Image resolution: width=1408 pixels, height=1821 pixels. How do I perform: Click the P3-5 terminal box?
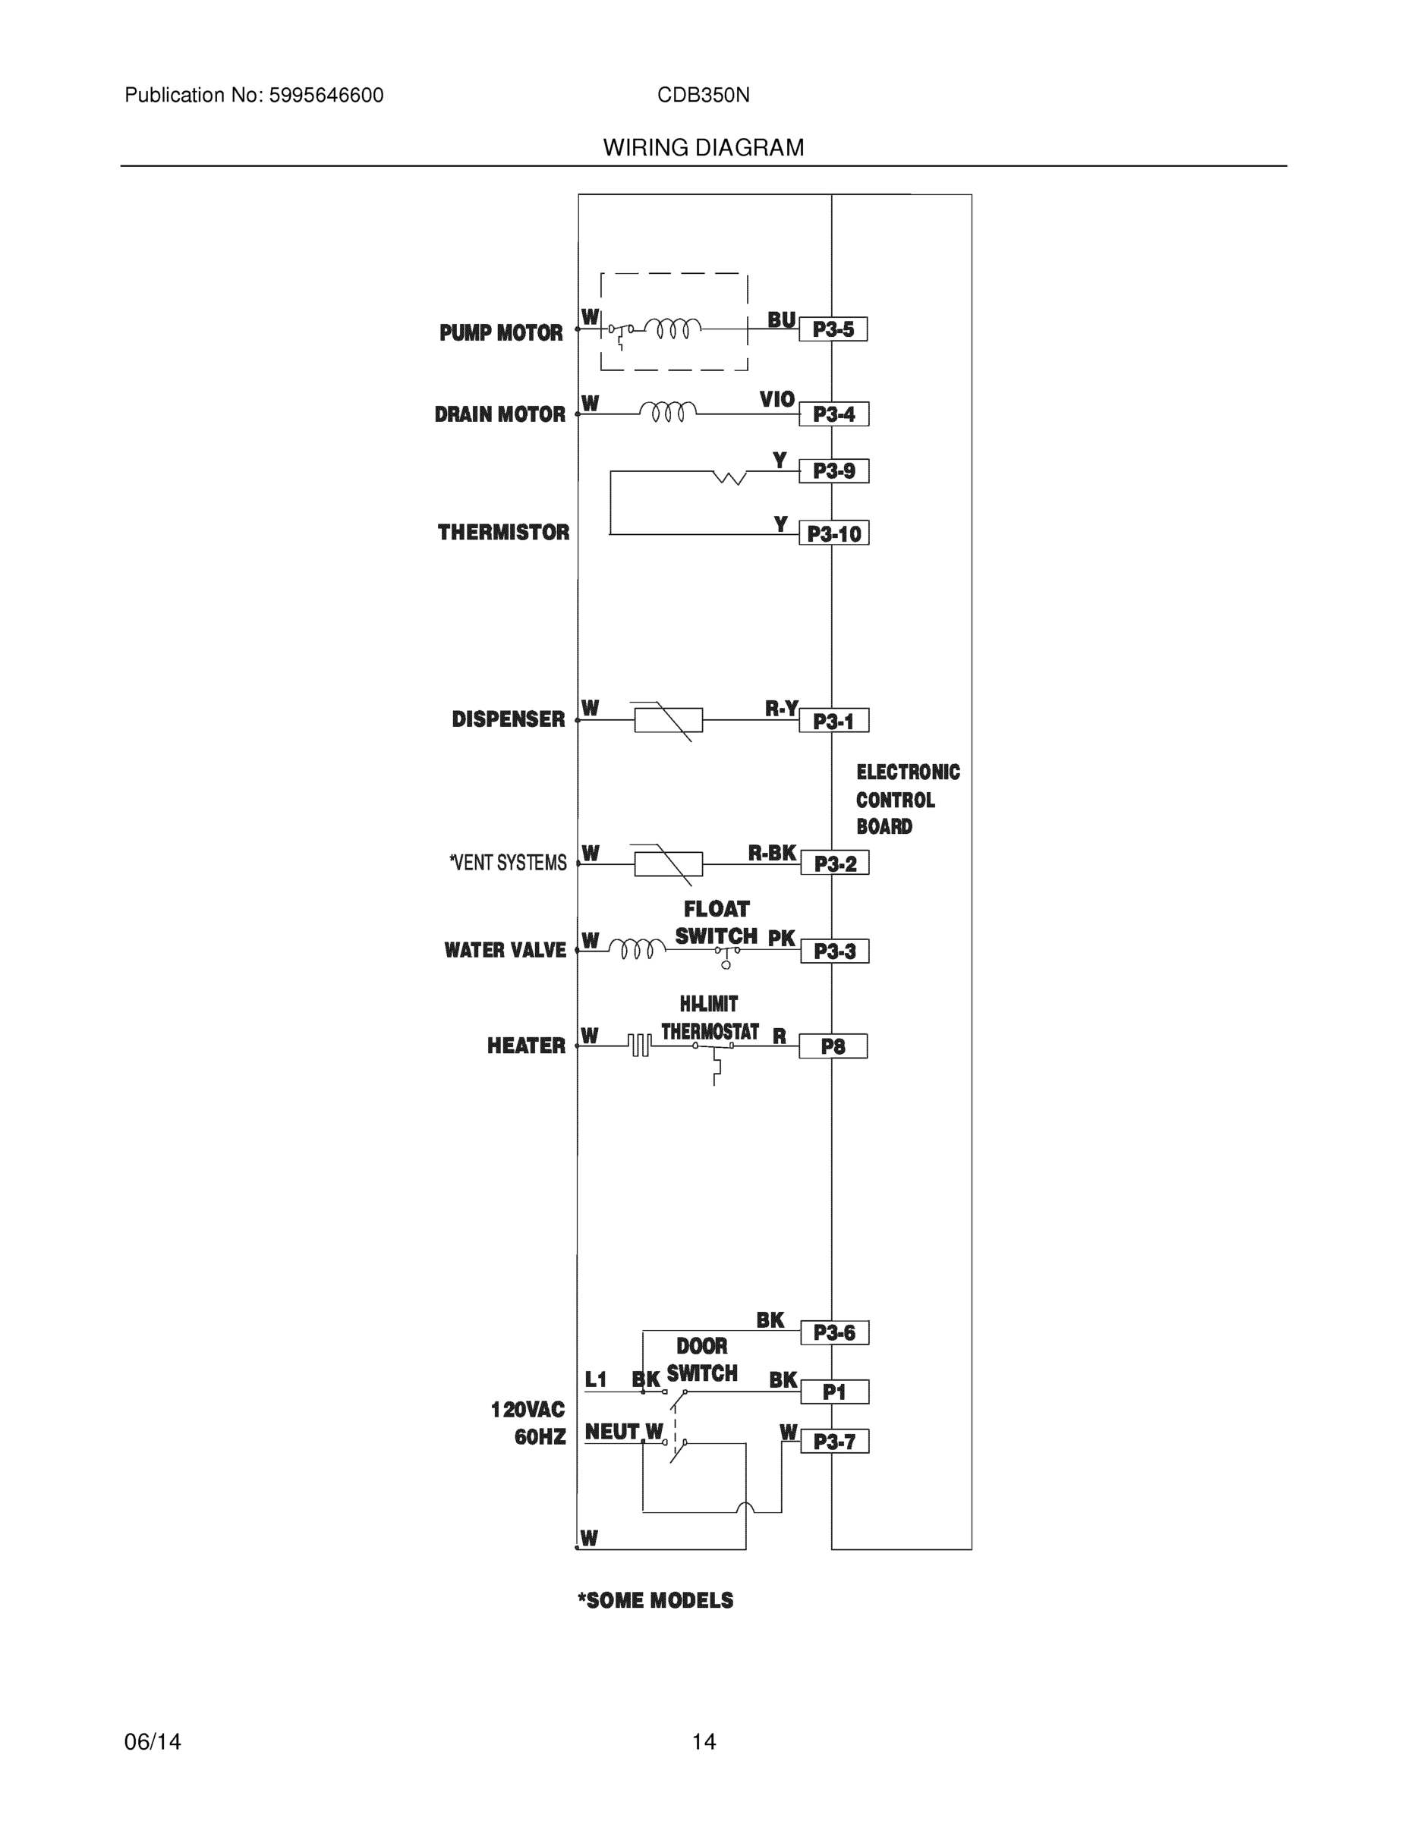[x=833, y=329]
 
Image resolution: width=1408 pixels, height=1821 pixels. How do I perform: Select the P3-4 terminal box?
[x=833, y=414]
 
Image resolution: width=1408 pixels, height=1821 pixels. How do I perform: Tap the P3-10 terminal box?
[x=833, y=533]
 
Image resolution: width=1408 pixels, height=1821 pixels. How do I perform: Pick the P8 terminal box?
[x=833, y=1046]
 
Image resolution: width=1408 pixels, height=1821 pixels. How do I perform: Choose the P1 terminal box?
[x=834, y=1392]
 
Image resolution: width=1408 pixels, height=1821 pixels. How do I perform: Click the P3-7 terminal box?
[x=834, y=1442]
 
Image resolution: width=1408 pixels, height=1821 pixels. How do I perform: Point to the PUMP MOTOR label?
[x=500, y=334]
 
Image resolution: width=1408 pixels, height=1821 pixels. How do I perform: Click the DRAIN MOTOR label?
[x=499, y=414]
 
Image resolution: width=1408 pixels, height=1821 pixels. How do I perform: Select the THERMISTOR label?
[x=503, y=532]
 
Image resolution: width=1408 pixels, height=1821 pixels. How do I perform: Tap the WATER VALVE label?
[x=505, y=951]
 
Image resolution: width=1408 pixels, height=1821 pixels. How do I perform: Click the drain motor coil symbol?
[x=667, y=411]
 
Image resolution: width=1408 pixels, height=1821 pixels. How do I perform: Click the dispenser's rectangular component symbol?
[x=668, y=719]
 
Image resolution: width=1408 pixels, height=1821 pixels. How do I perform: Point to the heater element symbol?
[x=639, y=1045]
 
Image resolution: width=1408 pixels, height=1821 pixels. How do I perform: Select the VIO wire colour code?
[x=776, y=399]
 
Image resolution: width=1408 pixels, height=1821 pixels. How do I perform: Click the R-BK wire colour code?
[x=772, y=853]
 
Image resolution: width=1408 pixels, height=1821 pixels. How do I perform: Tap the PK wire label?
[x=781, y=939]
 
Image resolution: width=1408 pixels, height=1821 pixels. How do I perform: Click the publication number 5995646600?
[x=326, y=96]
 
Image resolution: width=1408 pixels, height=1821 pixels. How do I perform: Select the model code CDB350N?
[x=703, y=96]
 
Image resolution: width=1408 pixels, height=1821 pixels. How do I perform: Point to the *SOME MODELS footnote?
[x=656, y=1601]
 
